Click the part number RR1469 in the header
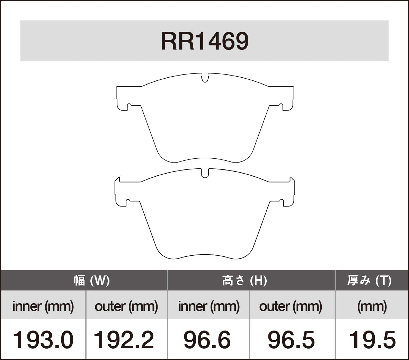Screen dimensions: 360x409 tap(204, 42)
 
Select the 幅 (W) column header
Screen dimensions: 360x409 tap(91, 280)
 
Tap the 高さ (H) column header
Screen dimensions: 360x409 tap(244, 280)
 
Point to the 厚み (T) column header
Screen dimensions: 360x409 tap(369, 280)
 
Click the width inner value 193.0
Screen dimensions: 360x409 tap(43, 340)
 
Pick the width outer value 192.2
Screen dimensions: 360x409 tap(124, 340)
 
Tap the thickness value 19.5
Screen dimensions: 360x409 tap(372, 340)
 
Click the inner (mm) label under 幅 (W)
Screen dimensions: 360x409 tap(43, 306)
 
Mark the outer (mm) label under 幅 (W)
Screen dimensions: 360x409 tap(126, 306)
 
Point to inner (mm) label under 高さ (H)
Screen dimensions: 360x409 tap(209, 306)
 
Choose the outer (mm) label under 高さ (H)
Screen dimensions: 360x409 tap(291, 306)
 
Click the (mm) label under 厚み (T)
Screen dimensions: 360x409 tap(372, 306)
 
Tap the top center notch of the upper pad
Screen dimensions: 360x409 tap(205, 78)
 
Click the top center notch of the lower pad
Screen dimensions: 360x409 tap(205, 174)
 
